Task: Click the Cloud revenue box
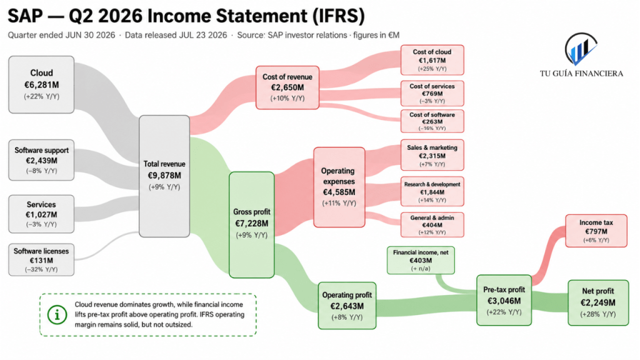pos(41,84)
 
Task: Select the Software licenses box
pos(41,259)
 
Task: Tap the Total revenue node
pos(164,176)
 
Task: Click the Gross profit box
pos(251,225)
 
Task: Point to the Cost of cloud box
pos(432,60)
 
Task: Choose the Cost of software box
pos(432,121)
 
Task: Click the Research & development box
pos(432,192)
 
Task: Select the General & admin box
pos(432,225)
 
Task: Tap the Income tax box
pos(596,231)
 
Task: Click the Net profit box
pos(598,303)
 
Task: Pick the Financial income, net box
pos(421,260)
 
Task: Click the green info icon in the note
pos(57,315)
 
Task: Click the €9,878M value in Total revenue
pos(164,176)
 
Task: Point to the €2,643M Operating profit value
pos(347,306)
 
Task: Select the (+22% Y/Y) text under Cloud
pos(42,97)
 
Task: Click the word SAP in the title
pos(25,16)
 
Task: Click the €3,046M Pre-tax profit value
pos(504,301)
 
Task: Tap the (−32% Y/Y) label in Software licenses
pos(41,270)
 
